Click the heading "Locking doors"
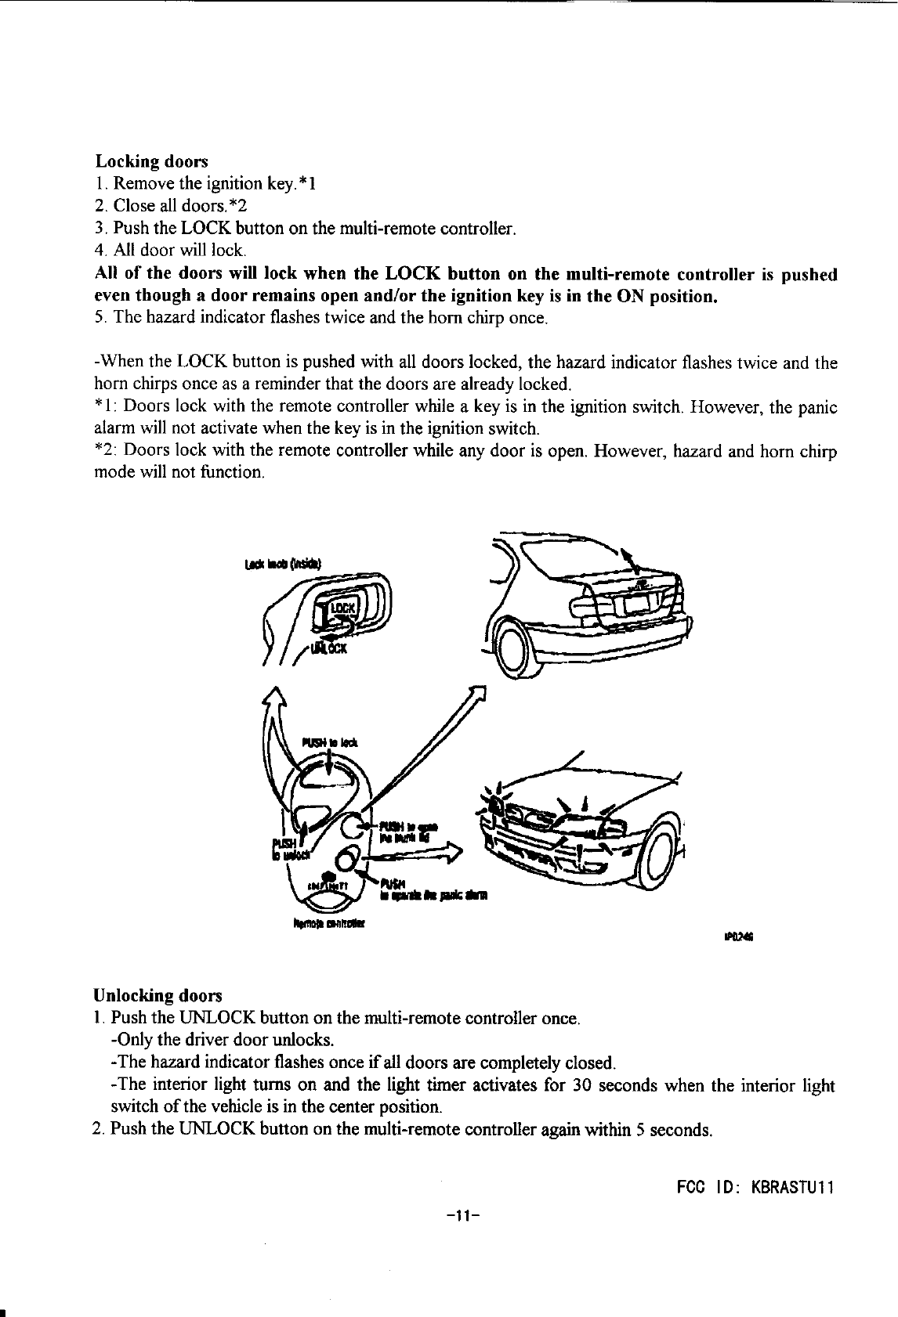[151, 161]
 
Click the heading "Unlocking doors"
[158, 996]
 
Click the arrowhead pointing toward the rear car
[479, 694]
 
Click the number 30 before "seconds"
[581, 1086]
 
